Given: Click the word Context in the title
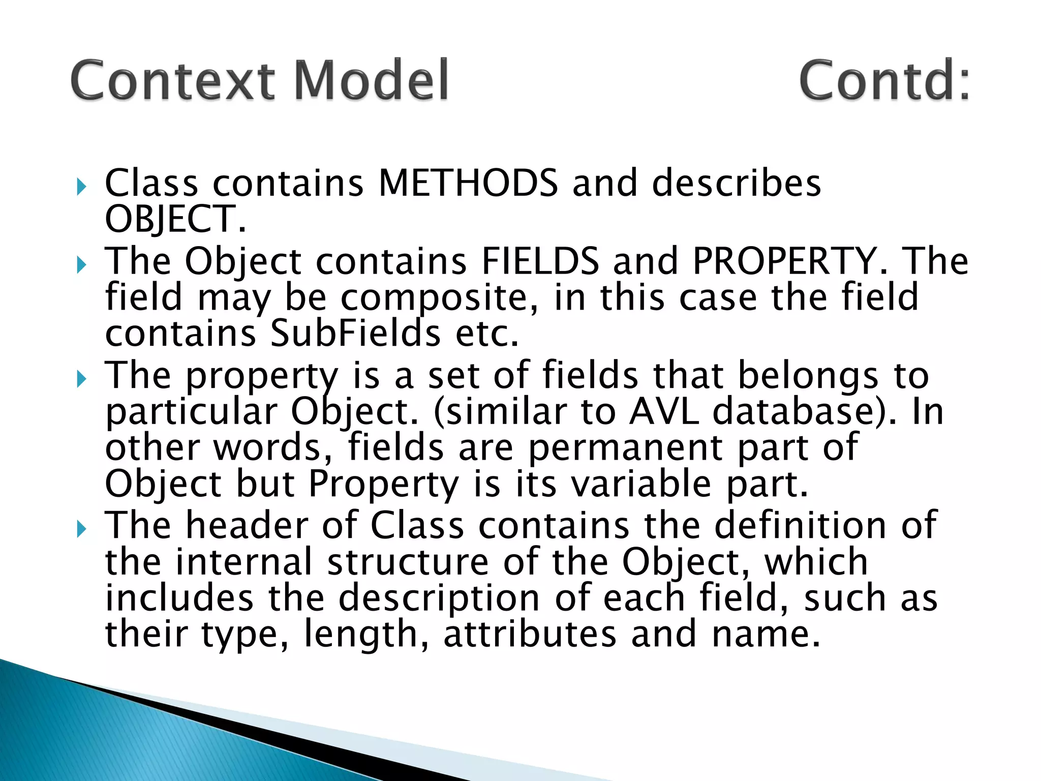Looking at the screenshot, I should [173, 80].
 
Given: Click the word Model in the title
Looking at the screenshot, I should [372, 80].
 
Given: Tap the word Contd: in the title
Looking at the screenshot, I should [884, 80].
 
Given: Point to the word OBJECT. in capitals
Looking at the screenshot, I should [175, 219].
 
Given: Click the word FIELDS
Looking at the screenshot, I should [540, 261].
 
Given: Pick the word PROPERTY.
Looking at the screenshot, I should [790, 261].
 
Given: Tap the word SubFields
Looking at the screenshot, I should [355, 334].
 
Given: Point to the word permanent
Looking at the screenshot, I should [626, 448].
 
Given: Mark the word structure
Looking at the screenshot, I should [408, 562].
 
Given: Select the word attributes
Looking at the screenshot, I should [530, 635].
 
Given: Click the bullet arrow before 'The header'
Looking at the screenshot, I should [81, 529].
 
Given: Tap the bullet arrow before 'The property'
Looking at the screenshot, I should [81, 379].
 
